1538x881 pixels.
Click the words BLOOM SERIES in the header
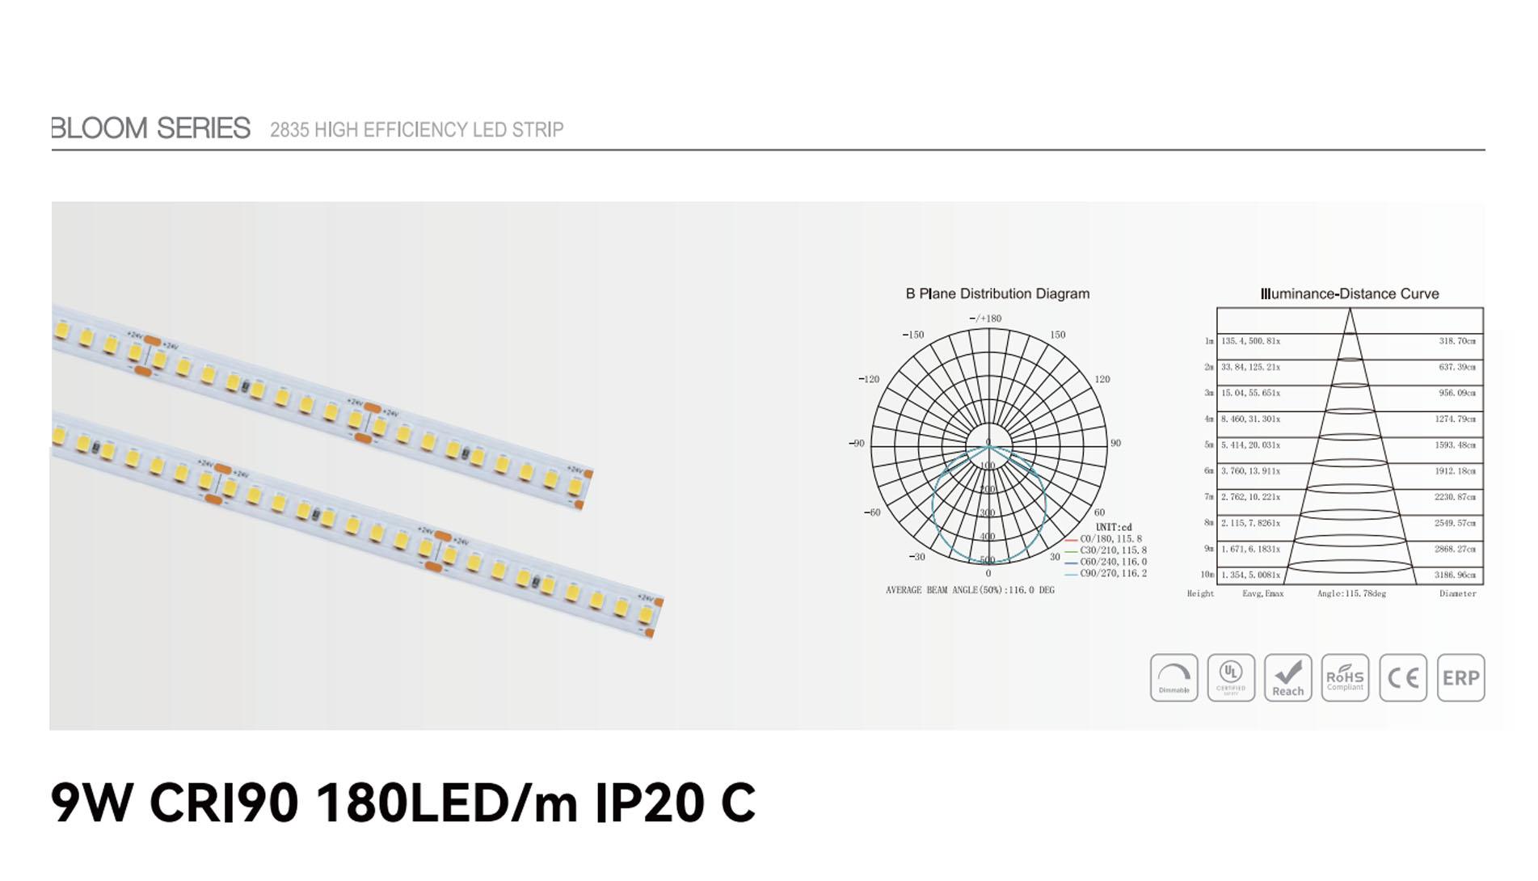point(151,129)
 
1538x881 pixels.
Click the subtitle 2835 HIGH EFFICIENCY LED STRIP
point(416,130)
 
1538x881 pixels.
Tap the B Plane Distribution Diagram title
point(997,294)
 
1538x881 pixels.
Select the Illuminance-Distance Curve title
point(1350,294)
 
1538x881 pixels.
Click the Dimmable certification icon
point(1174,677)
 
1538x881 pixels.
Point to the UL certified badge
point(1231,677)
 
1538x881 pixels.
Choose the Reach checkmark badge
point(1287,677)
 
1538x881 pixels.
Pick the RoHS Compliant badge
point(1345,677)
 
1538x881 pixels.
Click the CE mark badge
point(1403,677)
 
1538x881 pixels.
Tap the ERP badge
point(1460,677)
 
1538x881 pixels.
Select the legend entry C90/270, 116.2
point(1112,574)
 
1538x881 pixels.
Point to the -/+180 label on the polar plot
point(985,318)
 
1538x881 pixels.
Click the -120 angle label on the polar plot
point(869,379)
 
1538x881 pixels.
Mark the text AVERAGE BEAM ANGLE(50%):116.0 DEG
point(970,591)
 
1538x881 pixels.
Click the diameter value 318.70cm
point(1456,341)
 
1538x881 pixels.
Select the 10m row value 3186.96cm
point(1455,575)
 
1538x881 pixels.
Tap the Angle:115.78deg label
point(1351,594)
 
